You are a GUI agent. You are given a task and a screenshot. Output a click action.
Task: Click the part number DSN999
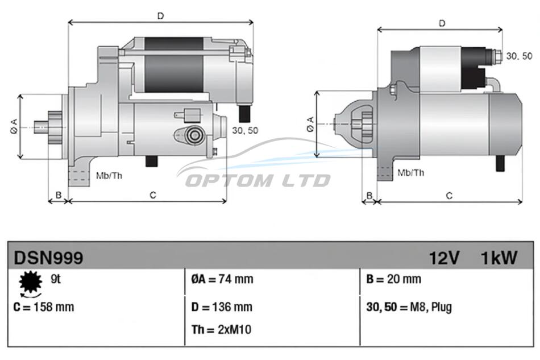pos(48,257)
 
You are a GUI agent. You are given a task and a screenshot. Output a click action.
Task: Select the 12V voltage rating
pos(445,258)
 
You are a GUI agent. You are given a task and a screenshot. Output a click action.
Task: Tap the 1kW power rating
pos(499,258)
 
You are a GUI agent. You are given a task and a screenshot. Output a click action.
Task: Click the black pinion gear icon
pos(31,282)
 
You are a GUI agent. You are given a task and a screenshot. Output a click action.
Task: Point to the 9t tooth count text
pos(56,279)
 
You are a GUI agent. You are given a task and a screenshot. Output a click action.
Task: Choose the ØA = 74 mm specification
pos(222,279)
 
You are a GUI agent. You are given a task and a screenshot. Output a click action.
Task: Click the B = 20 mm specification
pos(394,279)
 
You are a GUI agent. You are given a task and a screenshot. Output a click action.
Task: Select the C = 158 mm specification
pos(44,307)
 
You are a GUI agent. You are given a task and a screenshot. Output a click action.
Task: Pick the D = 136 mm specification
pos(222,307)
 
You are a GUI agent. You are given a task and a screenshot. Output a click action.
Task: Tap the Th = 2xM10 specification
pos(222,330)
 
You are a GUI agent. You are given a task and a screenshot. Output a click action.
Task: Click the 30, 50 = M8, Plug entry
pos(409,307)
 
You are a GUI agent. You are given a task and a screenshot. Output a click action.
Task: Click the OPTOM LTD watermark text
pos(257,180)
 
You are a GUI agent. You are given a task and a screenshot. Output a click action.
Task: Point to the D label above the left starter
pos(161,16)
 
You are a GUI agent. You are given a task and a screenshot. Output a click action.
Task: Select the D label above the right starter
pos(442,23)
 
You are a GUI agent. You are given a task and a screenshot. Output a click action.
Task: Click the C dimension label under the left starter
pos(153,195)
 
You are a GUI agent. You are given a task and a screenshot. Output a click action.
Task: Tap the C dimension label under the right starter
pos(449,196)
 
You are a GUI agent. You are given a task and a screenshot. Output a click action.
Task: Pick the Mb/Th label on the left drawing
pos(109,176)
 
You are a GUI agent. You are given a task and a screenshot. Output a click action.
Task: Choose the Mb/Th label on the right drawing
pos(410,172)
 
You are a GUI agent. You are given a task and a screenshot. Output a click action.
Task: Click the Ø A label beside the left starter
pos(14,126)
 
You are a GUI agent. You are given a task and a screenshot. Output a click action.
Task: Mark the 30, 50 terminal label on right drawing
pos(520,56)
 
